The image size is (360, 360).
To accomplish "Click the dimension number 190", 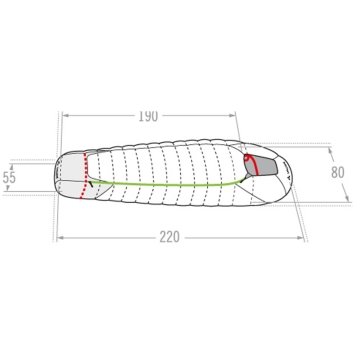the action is coord(148,116).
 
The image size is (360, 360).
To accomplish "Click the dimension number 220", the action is coord(169,237).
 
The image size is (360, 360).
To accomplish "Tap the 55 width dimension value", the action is coord(9,177).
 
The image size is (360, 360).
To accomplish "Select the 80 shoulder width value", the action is coord(338,173).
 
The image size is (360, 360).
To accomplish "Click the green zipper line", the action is coord(167,184).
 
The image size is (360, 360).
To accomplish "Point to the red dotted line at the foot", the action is coord(84,176).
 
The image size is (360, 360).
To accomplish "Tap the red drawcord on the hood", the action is coord(252,163).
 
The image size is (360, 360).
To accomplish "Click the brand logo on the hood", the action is coord(287,170).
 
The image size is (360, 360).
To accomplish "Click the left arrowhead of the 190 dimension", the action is coord(65,116).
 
